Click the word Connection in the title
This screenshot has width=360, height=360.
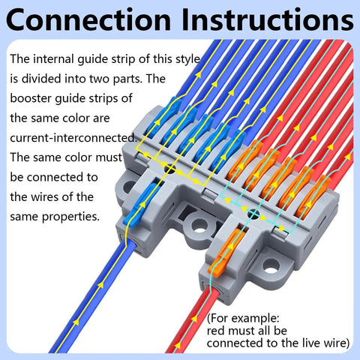[x=88, y=19]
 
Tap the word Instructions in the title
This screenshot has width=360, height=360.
[x=268, y=19]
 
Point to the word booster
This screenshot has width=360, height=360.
[x=31, y=98]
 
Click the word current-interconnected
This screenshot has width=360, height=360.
[x=73, y=138]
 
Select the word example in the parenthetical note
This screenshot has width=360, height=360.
[x=256, y=318]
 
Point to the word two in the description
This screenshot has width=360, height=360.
[x=100, y=79]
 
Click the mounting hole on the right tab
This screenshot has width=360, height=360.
[x=271, y=267]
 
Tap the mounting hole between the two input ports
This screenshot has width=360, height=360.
[x=199, y=226]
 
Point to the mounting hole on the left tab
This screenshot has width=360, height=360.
[x=129, y=186]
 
